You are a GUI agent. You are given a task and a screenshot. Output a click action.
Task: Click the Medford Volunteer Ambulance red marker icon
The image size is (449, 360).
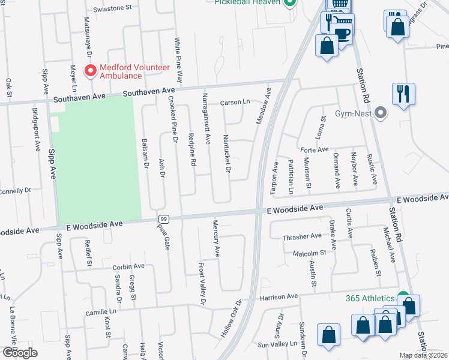click(91, 72)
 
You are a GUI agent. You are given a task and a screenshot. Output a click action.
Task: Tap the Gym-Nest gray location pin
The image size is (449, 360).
click(379, 113)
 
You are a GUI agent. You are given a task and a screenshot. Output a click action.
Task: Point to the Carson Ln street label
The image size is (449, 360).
click(234, 103)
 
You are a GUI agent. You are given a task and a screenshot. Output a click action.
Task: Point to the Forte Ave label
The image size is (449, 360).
click(315, 149)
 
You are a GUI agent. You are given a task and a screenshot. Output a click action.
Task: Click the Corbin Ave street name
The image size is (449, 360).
click(128, 266)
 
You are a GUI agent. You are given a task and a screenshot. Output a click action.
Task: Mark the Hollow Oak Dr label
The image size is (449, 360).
click(231, 318)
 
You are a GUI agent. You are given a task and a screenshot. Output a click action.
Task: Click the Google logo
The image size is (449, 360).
click(19, 353)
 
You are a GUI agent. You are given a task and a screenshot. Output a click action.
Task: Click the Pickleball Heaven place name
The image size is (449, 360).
click(248, 2)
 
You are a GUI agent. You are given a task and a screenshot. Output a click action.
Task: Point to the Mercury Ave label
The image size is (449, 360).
click(217, 238)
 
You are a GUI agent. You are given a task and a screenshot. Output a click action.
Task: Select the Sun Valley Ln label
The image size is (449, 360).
click(277, 345)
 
